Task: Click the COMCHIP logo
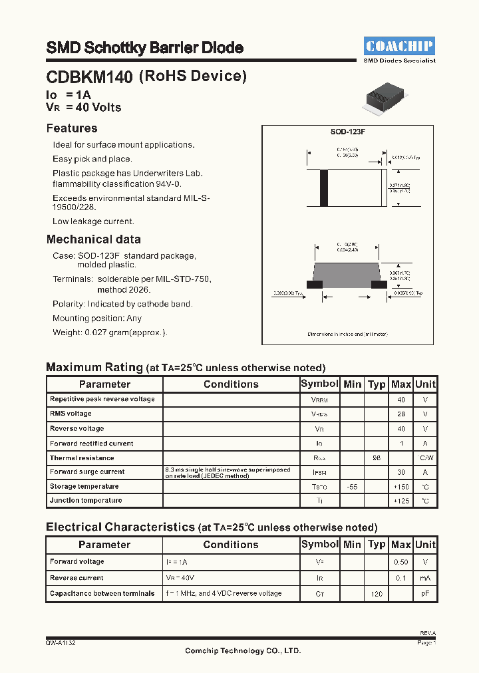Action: [x=399, y=46]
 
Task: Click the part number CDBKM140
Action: [x=89, y=78]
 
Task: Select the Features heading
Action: [x=72, y=128]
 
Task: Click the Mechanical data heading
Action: [x=93, y=239]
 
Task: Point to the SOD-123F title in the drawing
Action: [x=348, y=132]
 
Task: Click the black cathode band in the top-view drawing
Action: [x=324, y=188]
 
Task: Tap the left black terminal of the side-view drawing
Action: [x=314, y=285]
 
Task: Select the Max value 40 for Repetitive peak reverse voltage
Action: [x=401, y=400]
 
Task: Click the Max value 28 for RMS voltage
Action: [x=401, y=414]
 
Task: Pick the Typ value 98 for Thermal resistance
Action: [x=377, y=458]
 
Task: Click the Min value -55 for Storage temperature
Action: [x=352, y=487]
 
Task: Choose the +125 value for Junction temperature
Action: [x=401, y=501]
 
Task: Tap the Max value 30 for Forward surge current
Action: [x=401, y=472]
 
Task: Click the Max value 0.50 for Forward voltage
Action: [x=401, y=562]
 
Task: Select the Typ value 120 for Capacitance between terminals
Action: [x=377, y=593]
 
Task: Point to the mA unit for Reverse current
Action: [x=425, y=578]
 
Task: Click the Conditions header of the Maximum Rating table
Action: [x=231, y=384]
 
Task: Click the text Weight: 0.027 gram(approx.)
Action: [x=110, y=333]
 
